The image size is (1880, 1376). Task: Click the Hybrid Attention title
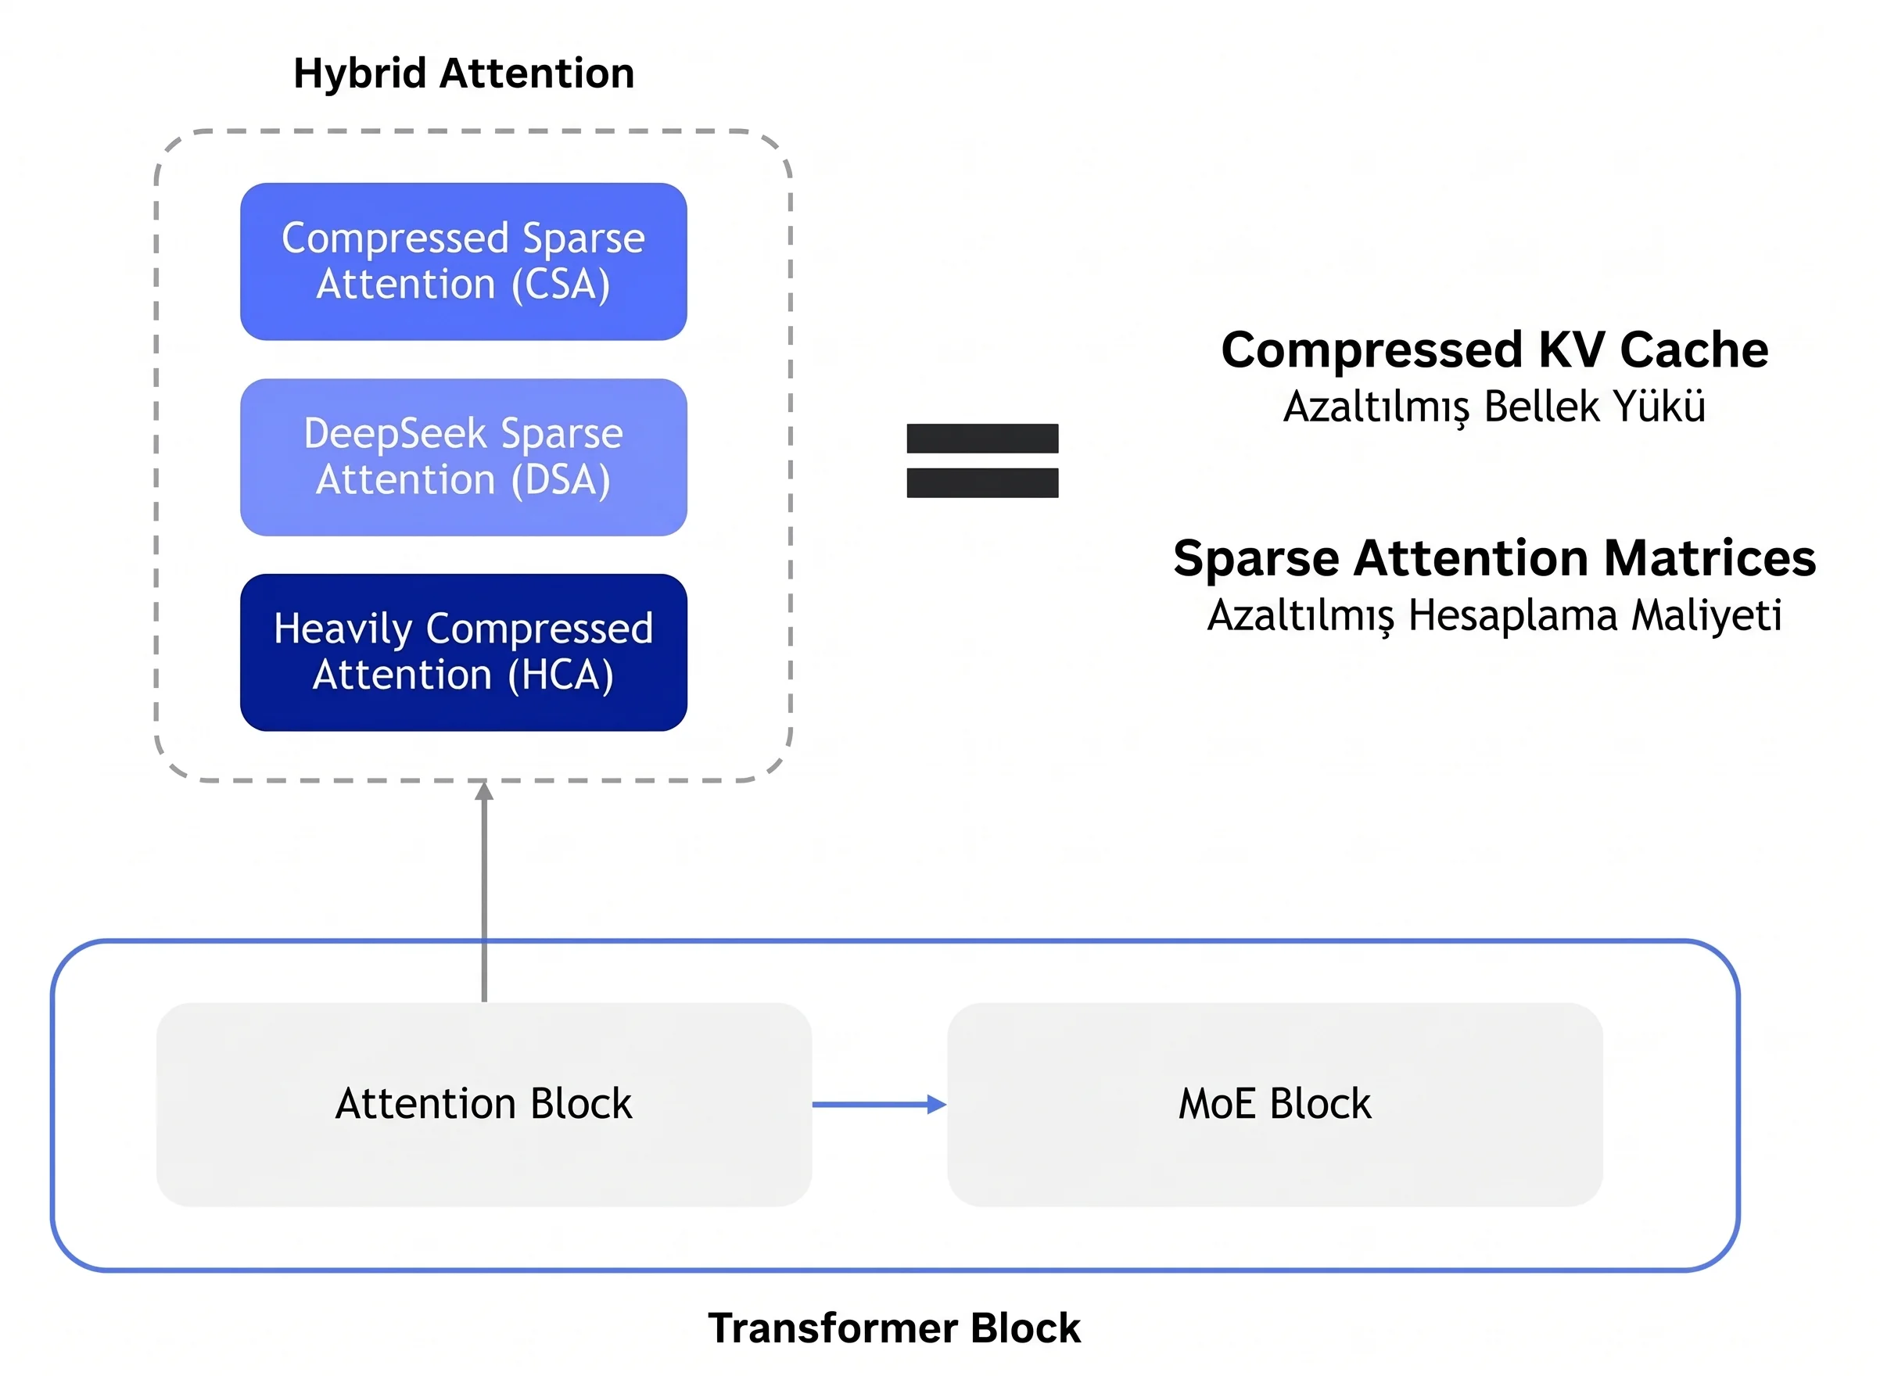pos(464,74)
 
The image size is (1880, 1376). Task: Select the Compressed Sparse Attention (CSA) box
pos(464,262)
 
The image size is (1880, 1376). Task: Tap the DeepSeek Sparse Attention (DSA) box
pos(464,457)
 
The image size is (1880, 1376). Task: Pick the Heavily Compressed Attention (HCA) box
pos(464,652)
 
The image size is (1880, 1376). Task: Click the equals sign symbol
pos(982,460)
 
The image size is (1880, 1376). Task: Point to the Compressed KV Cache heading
pos(1494,349)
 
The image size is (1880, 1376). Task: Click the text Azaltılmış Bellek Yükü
pos(1494,407)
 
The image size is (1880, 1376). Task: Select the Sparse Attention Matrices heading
pos(1494,557)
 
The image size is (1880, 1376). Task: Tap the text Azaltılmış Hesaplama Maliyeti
pos(1494,615)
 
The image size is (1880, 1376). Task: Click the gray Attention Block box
pos(484,1105)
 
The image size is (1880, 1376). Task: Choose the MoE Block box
pos(1275,1105)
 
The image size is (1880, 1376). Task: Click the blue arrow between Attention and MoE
pos(880,1105)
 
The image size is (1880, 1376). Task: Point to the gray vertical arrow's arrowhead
pos(484,790)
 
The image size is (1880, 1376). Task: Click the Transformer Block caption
pos(894,1328)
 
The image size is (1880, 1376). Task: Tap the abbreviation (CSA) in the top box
pos(561,285)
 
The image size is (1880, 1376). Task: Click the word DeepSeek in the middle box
pos(395,434)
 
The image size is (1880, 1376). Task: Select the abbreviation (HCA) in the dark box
pos(561,675)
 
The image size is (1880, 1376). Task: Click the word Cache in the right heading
pos(1693,349)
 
